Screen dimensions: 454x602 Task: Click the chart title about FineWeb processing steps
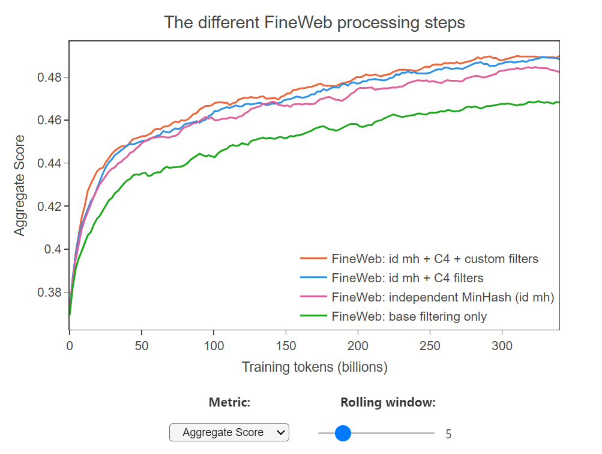click(x=315, y=23)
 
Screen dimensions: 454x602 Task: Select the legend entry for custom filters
click(x=435, y=259)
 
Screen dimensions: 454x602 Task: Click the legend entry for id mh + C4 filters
click(x=407, y=278)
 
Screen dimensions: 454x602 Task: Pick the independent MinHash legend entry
click(x=442, y=297)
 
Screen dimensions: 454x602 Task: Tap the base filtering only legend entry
click(x=409, y=316)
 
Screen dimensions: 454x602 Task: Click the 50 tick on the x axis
click(x=142, y=346)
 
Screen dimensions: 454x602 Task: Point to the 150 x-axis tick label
click(x=286, y=346)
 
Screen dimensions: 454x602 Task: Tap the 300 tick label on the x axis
click(x=502, y=346)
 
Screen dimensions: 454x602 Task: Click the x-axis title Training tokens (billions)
click(x=315, y=367)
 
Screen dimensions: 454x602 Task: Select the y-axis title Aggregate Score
click(x=20, y=185)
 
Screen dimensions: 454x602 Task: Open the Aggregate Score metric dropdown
click(x=229, y=432)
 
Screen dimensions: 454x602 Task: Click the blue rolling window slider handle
click(x=342, y=432)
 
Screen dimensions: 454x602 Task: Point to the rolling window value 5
click(x=448, y=434)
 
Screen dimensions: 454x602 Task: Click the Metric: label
click(x=229, y=402)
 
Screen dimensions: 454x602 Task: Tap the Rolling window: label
click(x=388, y=402)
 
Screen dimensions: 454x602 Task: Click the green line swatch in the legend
click(x=313, y=316)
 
